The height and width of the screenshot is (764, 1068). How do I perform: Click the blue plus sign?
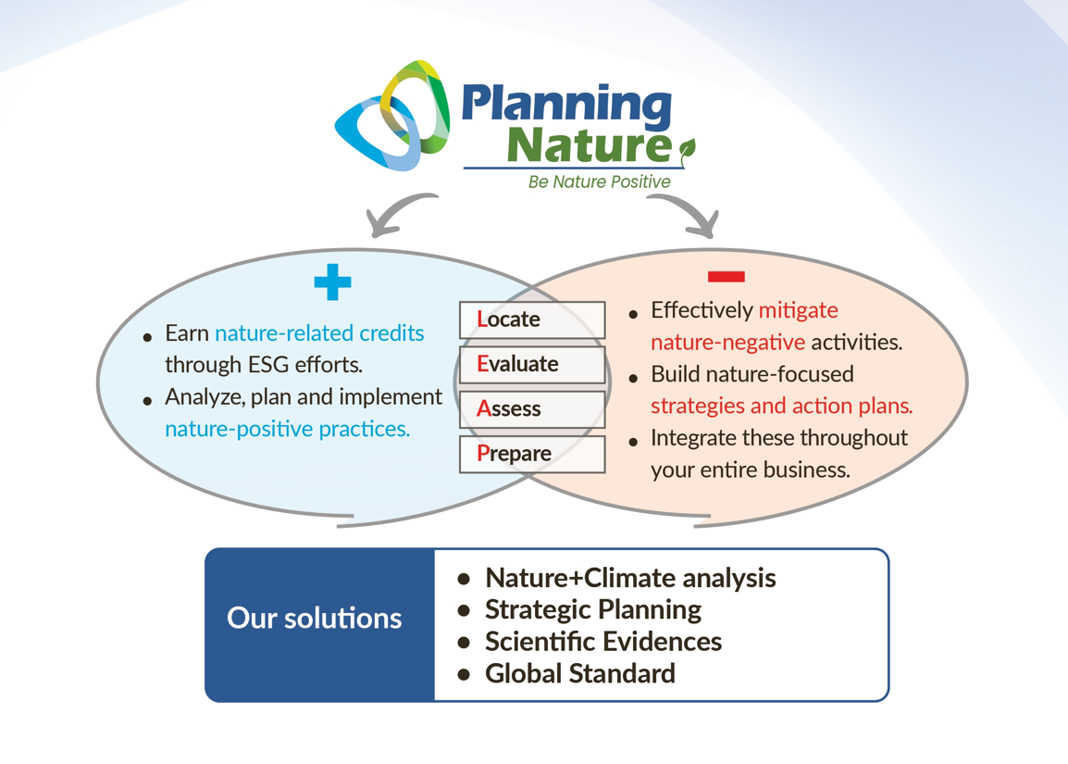coord(332,282)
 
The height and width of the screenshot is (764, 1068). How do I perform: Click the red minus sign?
coord(726,276)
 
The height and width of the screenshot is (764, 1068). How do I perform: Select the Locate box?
coord(532,319)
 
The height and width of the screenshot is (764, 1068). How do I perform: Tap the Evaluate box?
coord(532,365)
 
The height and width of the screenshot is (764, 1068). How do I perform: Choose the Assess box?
coord(532,409)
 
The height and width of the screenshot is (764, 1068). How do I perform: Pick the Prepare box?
coord(532,454)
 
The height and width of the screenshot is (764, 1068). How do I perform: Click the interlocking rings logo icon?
coord(393,115)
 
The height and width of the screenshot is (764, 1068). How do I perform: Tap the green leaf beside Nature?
coord(688,150)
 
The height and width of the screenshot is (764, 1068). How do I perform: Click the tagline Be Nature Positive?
coord(600,182)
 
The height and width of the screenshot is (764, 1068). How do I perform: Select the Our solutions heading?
coord(314,619)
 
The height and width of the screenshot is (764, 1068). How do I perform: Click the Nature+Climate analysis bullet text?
coord(630,578)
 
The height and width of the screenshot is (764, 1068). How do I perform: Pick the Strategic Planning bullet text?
coord(593,610)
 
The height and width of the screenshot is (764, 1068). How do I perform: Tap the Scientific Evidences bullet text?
coord(603,642)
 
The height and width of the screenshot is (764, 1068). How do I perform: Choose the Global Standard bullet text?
coord(580,673)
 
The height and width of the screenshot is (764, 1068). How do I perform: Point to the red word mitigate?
coord(799,311)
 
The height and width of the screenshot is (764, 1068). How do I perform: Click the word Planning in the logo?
coord(566,106)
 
